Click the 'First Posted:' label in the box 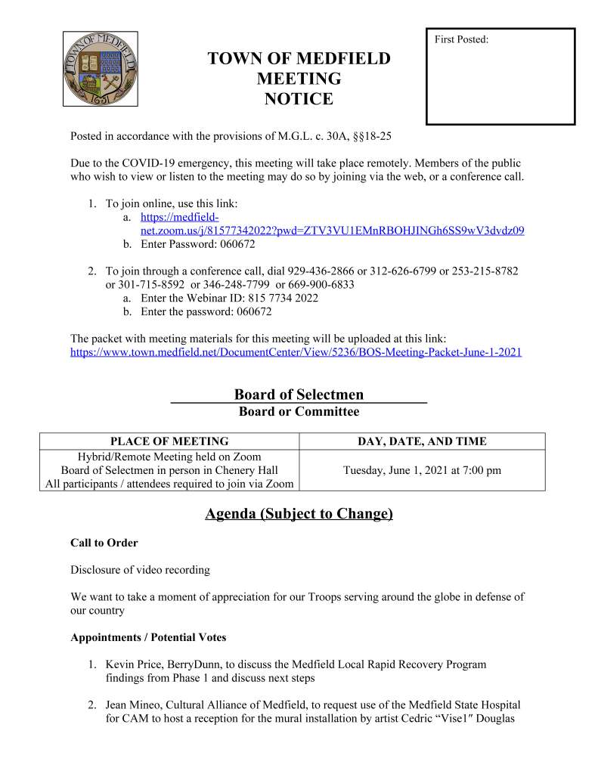[461, 39]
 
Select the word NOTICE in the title [299, 98]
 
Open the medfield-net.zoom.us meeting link [333, 230]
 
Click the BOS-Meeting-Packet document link [296, 352]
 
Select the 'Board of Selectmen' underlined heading [299, 395]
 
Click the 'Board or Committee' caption [299, 412]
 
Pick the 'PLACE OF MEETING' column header [169, 441]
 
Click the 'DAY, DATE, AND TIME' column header [422, 441]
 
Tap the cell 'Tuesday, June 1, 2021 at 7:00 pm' [422, 470]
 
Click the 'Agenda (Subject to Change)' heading [299, 514]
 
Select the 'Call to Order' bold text [104, 543]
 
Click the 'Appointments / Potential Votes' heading [148, 637]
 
